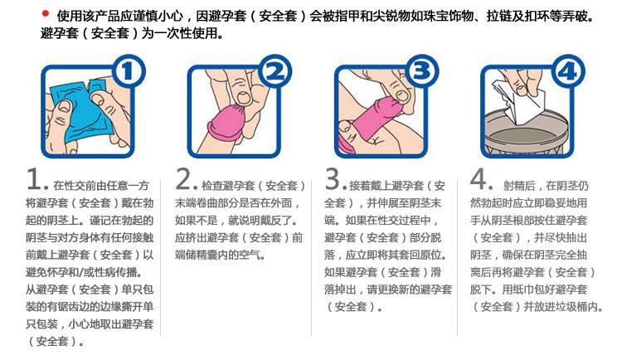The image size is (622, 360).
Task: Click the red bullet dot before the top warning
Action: (x=45, y=13)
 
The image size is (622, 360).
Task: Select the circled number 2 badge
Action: (x=276, y=73)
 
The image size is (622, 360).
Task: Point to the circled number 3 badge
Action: (x=421, y=73)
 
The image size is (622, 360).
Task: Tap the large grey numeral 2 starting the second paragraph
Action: (x=184, y=180)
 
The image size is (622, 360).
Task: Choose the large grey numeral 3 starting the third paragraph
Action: (x=333, y=180)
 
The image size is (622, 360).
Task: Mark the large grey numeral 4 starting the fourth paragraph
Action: (x=480, y=180)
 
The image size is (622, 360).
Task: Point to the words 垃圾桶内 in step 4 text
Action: (x=569, y=307)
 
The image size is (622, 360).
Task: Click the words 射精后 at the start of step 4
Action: (x=519, y=185)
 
